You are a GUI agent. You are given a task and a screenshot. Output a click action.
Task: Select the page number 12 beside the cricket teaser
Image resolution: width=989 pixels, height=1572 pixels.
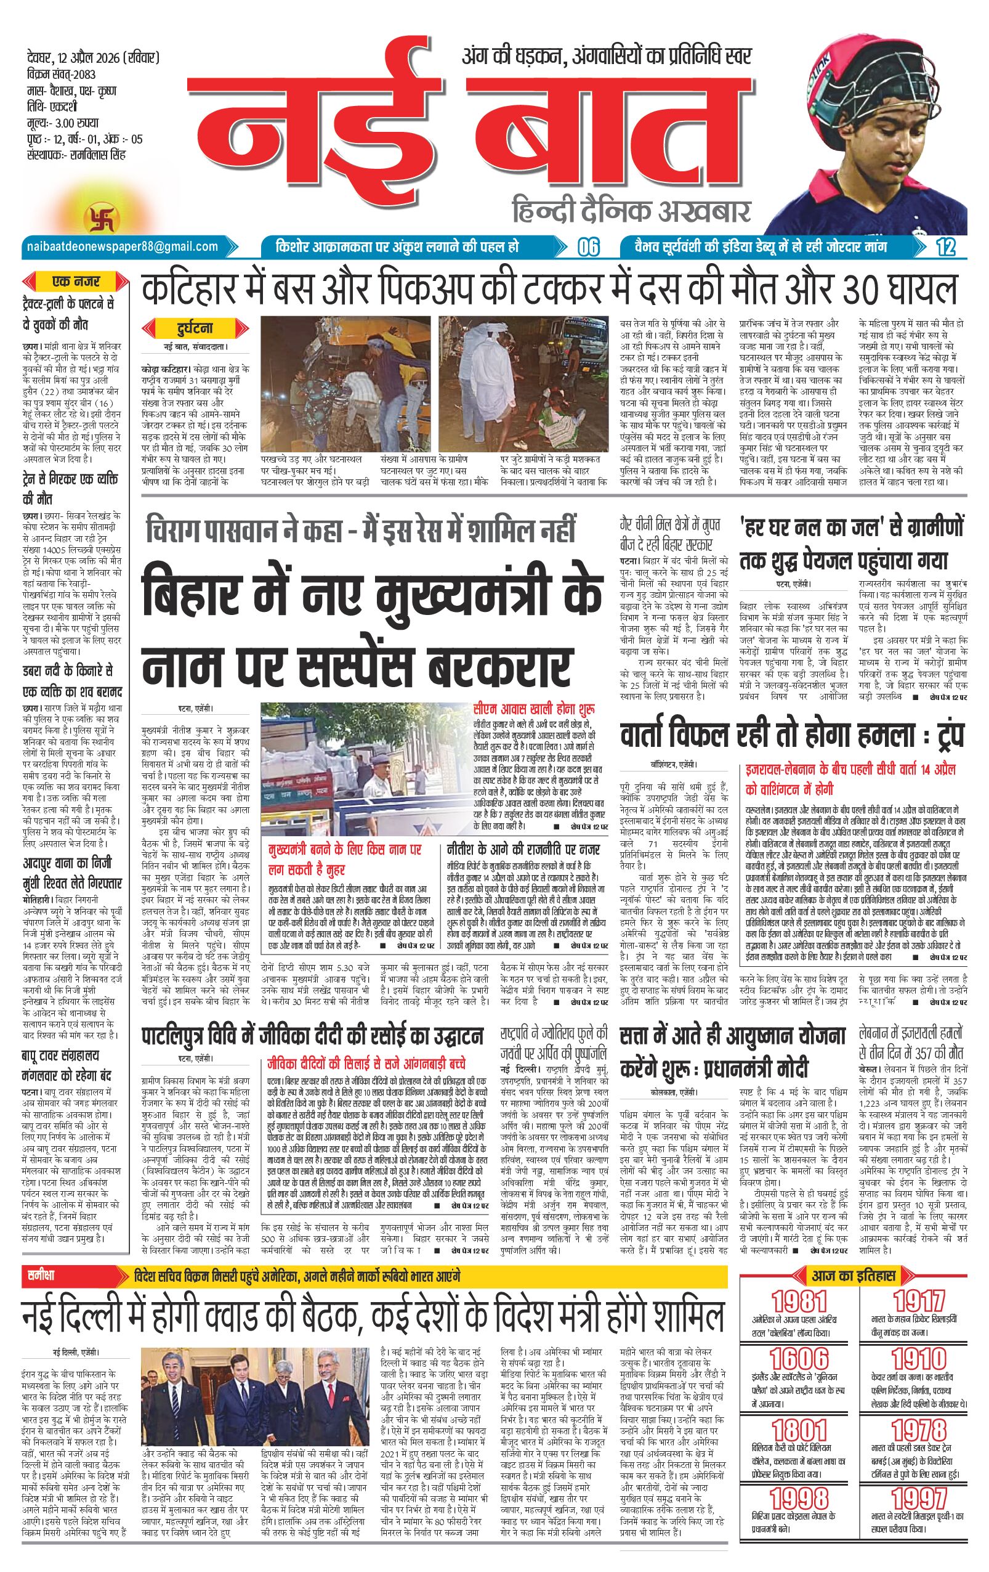(x=944, y=246)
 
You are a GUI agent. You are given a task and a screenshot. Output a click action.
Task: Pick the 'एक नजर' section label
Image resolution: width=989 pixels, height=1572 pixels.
(x=77, y=282)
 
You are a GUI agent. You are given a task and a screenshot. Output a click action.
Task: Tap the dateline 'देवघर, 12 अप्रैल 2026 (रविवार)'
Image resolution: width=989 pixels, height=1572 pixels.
(x=90, y=57)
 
